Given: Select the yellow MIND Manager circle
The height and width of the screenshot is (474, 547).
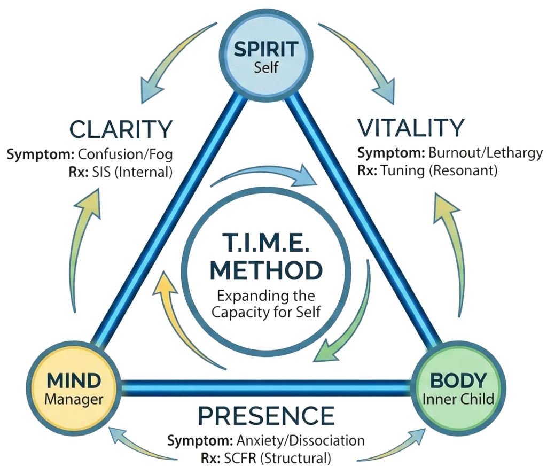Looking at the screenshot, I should (73, 388).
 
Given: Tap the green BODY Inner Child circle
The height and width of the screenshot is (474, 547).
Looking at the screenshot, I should (458, 388).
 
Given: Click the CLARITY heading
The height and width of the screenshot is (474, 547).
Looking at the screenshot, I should (122, 130).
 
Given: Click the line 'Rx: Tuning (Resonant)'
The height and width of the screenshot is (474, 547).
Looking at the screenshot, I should (427, 170).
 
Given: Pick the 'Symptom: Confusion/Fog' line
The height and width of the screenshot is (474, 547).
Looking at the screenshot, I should (90, 154).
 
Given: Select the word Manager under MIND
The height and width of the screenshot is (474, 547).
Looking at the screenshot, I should (73, 399).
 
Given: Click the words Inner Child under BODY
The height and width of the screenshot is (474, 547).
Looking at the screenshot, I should (458, 399).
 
